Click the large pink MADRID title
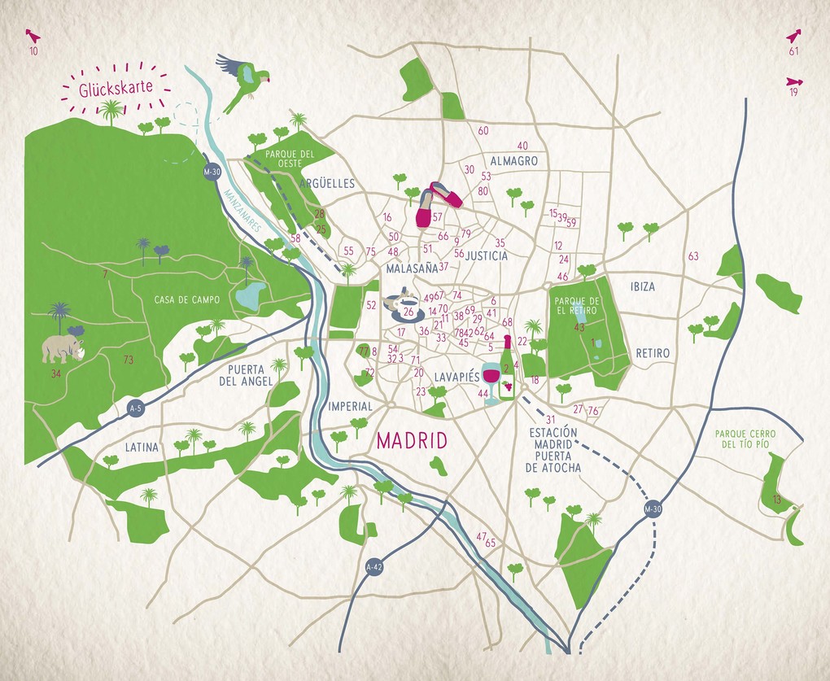413,441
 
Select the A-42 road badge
373,566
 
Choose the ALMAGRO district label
513,161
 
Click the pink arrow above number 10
33,36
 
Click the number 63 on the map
693,256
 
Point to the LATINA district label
142,447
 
